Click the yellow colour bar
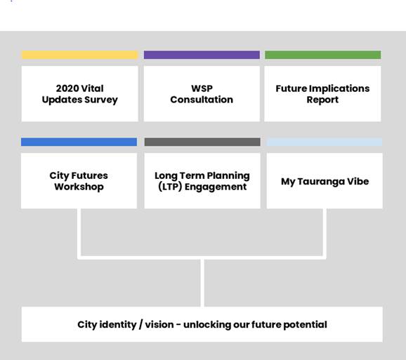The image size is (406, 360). [x=80, y=55]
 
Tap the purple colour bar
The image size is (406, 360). [x=202, y=55]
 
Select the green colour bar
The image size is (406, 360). [x=322, y=55]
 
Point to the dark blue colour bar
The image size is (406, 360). [x=79, y=142]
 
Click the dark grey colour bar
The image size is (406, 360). [x=202, y=142]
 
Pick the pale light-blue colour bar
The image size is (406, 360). [x=325, y=142]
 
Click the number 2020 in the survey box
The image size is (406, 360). [x=67, y=88]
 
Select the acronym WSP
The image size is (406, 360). [x=202, y=88]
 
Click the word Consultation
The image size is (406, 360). [x=202, y=100]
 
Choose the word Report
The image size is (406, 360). [x=322, y=100]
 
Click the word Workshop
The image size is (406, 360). [x=79, y=187]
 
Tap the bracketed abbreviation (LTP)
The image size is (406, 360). [x=170, y=187]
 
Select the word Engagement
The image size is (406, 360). [x=216, y=187]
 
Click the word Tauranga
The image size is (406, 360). [x=321, y=182]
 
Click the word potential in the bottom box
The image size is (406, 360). [x=306, y=325]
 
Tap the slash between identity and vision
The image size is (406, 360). [x=140, y=325]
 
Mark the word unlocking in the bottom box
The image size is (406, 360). [x=207, y=325]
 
